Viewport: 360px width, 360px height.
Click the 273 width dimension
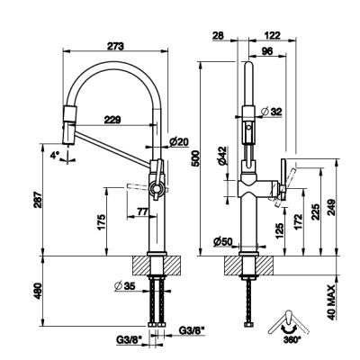(115, 46)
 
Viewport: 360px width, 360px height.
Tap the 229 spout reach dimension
(112, 120)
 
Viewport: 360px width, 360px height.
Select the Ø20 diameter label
(179, 141)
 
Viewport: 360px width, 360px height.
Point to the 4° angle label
(54, 156)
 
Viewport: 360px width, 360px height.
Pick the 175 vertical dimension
(101, 222)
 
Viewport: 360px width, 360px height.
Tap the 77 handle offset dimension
(142, 211)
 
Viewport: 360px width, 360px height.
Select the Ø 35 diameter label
(125, 286)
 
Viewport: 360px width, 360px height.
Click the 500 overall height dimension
(195, 157)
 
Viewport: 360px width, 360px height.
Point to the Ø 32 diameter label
(272, 112)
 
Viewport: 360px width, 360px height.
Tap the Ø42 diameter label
(222, 156)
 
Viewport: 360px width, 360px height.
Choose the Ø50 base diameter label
(223, 241)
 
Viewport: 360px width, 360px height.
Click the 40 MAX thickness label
(331, 302)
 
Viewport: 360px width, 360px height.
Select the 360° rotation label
(291, 339)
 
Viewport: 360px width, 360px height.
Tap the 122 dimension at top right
(273, 36)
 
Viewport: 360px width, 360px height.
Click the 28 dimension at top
(218, 36)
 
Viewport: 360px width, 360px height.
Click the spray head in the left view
(69, 125)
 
